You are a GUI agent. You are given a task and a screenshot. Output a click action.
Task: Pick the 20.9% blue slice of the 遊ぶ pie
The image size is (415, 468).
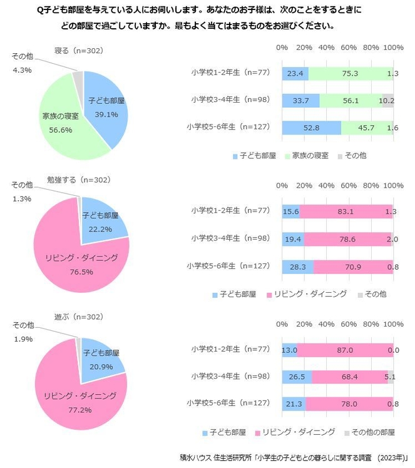tap(100, 357)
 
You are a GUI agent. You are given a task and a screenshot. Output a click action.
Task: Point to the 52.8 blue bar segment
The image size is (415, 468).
tap(311, 128)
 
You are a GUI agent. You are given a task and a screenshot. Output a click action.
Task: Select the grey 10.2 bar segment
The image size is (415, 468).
tap(387, 101)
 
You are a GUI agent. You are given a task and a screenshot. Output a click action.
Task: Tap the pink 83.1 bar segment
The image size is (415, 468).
tap(346, 212)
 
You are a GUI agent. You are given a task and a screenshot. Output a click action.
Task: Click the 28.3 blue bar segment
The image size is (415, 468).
tap(297, 267)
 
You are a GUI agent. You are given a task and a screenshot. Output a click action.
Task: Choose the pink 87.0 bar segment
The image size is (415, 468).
tap(345, 351)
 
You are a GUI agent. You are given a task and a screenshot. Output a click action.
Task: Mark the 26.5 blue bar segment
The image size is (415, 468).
tap(296, 377)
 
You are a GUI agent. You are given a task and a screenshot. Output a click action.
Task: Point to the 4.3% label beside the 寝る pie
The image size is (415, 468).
tap(22, 69)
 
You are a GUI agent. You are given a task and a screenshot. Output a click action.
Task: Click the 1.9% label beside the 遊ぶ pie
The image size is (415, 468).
tap(22, 338)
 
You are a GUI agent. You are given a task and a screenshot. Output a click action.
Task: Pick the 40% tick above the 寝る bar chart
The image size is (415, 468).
tap(326, 47)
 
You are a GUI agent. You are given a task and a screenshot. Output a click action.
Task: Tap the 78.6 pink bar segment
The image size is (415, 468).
tap(347, 239)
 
